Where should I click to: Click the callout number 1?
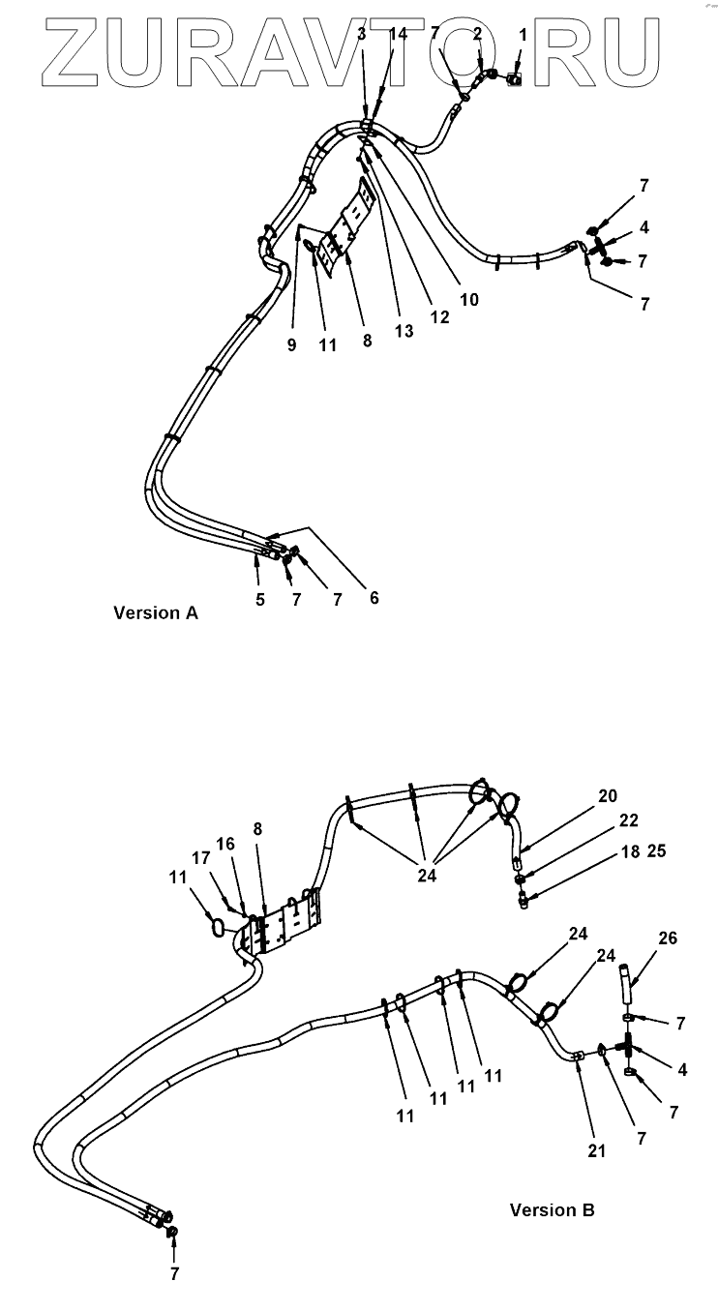tap(523, 35)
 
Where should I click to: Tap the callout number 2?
tap(477, 35)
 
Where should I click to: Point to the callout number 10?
tap(468, 300)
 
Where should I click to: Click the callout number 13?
tap(404, 332)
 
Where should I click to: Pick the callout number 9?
tap(291, 345)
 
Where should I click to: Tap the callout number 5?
tap(260, 599)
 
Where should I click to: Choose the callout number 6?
tap(374, 598)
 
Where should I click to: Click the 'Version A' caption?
tap(156, 612)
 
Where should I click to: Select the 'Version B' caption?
tap(552, 1209)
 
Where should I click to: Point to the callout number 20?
tap(607, 796)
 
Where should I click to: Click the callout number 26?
tap(668, 939)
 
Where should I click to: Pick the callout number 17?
tap(201, 857)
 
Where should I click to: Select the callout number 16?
tap(225, 845)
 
